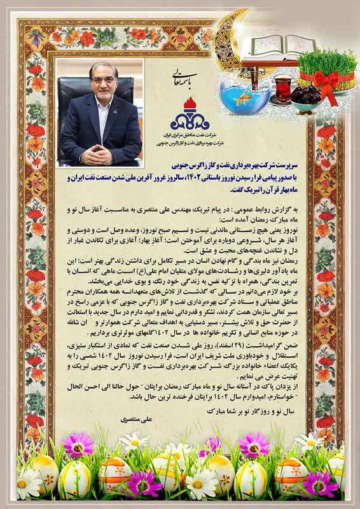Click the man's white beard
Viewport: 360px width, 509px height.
pyautogui.click(x=102, y=102)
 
